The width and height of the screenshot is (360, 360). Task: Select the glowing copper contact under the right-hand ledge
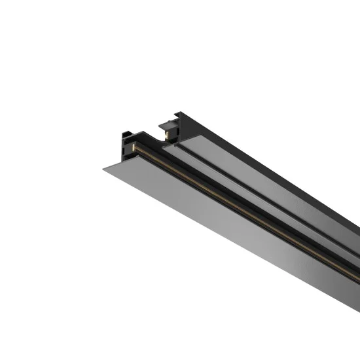pyautogui.click(x=168, y=134)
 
